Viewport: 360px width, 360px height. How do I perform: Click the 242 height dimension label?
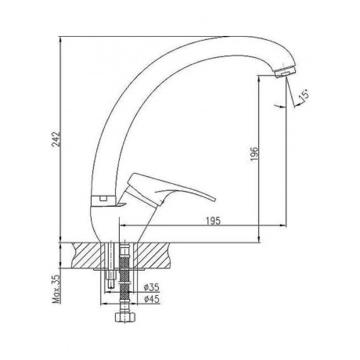[x=56, y=139]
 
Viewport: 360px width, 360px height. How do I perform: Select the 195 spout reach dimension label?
[x=213, y=221]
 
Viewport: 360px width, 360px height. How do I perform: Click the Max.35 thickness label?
[x=56, y=289]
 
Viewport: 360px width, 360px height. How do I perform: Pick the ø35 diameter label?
[x=152, y=287]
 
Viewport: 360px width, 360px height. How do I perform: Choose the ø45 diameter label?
[x=152, y=299]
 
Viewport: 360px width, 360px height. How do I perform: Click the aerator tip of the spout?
[x=285, y=71]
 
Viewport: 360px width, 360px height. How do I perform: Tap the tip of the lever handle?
[x=214, y=200]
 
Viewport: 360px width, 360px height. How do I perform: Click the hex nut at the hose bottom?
[x=125, y=317]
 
